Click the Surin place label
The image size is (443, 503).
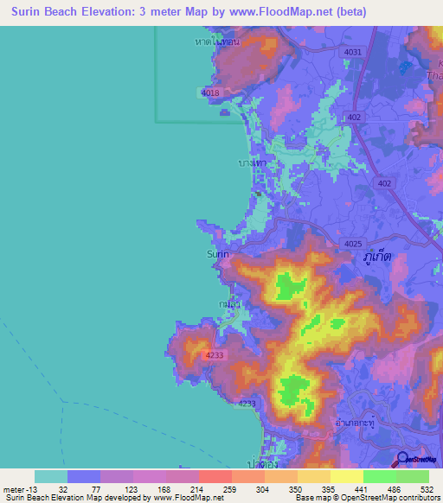(218, 254)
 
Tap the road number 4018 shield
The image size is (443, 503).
(210, 92)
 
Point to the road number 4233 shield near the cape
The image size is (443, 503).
(216, 355)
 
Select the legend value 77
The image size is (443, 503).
(100, 488)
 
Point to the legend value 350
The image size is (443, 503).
(297, 488)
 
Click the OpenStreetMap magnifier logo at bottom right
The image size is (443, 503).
(402, 460)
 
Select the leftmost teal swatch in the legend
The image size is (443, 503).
(51, 476)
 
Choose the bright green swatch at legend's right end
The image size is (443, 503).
(412, 476)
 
